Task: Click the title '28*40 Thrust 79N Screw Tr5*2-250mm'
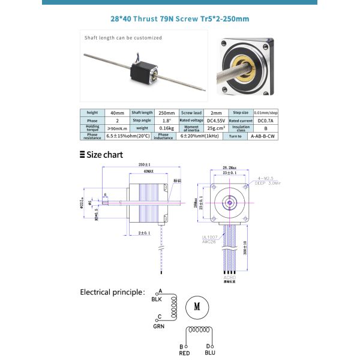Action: pyautogui.click(x=180, y=19)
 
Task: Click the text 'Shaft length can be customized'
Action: pyautogui.click(x=123, y=37)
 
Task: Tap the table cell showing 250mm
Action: pyautogui.click(x=166, y=112)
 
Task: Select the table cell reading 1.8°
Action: pyautogui.click(x=166, y=120)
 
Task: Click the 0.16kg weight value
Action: pyautogui.click(x=166, y=128)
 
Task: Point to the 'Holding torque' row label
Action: pyautogui.click(x=92, y=128)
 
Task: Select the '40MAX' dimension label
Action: pyautogui.click(x=143, y=171)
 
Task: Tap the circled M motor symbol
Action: pyautogui.click(x=197, y=306)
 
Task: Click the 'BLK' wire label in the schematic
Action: pyautogui.click(x=157, y=298)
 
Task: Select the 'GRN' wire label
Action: pyautogui.click(x=159, y=326)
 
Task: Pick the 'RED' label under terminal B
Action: pyautogui.click(x=185, y=354)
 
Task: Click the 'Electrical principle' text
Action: pyautogui.click(x=112, y=292)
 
